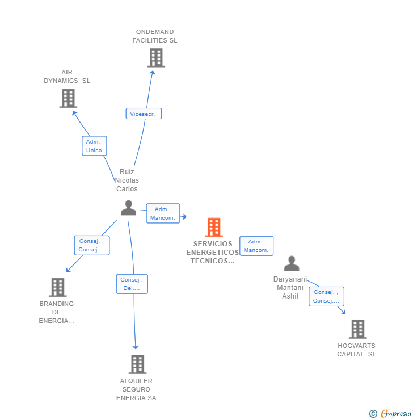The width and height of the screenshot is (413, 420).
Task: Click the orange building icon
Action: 214,227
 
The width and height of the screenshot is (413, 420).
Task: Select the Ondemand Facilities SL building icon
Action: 155,57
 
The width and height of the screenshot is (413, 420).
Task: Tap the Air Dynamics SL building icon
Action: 68,98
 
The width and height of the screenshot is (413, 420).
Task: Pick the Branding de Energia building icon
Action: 57,287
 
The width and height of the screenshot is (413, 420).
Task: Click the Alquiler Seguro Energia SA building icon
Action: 137,364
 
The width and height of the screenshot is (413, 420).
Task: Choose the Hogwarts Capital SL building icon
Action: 357,329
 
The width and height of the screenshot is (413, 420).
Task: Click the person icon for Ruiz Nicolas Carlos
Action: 129,208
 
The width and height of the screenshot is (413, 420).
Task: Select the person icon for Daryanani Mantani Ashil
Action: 292,263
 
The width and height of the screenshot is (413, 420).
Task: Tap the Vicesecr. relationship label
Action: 144,114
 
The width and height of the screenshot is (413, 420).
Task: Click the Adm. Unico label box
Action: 94,146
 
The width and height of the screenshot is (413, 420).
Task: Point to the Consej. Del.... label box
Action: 132,284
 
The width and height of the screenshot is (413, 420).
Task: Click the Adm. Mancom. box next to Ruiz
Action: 163,213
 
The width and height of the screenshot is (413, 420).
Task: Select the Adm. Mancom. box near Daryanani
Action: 256,246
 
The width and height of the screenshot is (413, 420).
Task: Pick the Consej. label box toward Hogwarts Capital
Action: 326,296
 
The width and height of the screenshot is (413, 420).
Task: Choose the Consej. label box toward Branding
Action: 91,245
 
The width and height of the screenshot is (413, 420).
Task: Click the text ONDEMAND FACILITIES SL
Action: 155,36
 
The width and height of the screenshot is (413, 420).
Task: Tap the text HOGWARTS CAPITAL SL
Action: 356,350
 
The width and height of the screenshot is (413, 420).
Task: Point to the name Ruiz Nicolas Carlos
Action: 127,180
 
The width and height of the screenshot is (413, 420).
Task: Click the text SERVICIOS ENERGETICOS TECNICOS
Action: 213,253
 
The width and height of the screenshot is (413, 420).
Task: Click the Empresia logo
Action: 391,414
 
